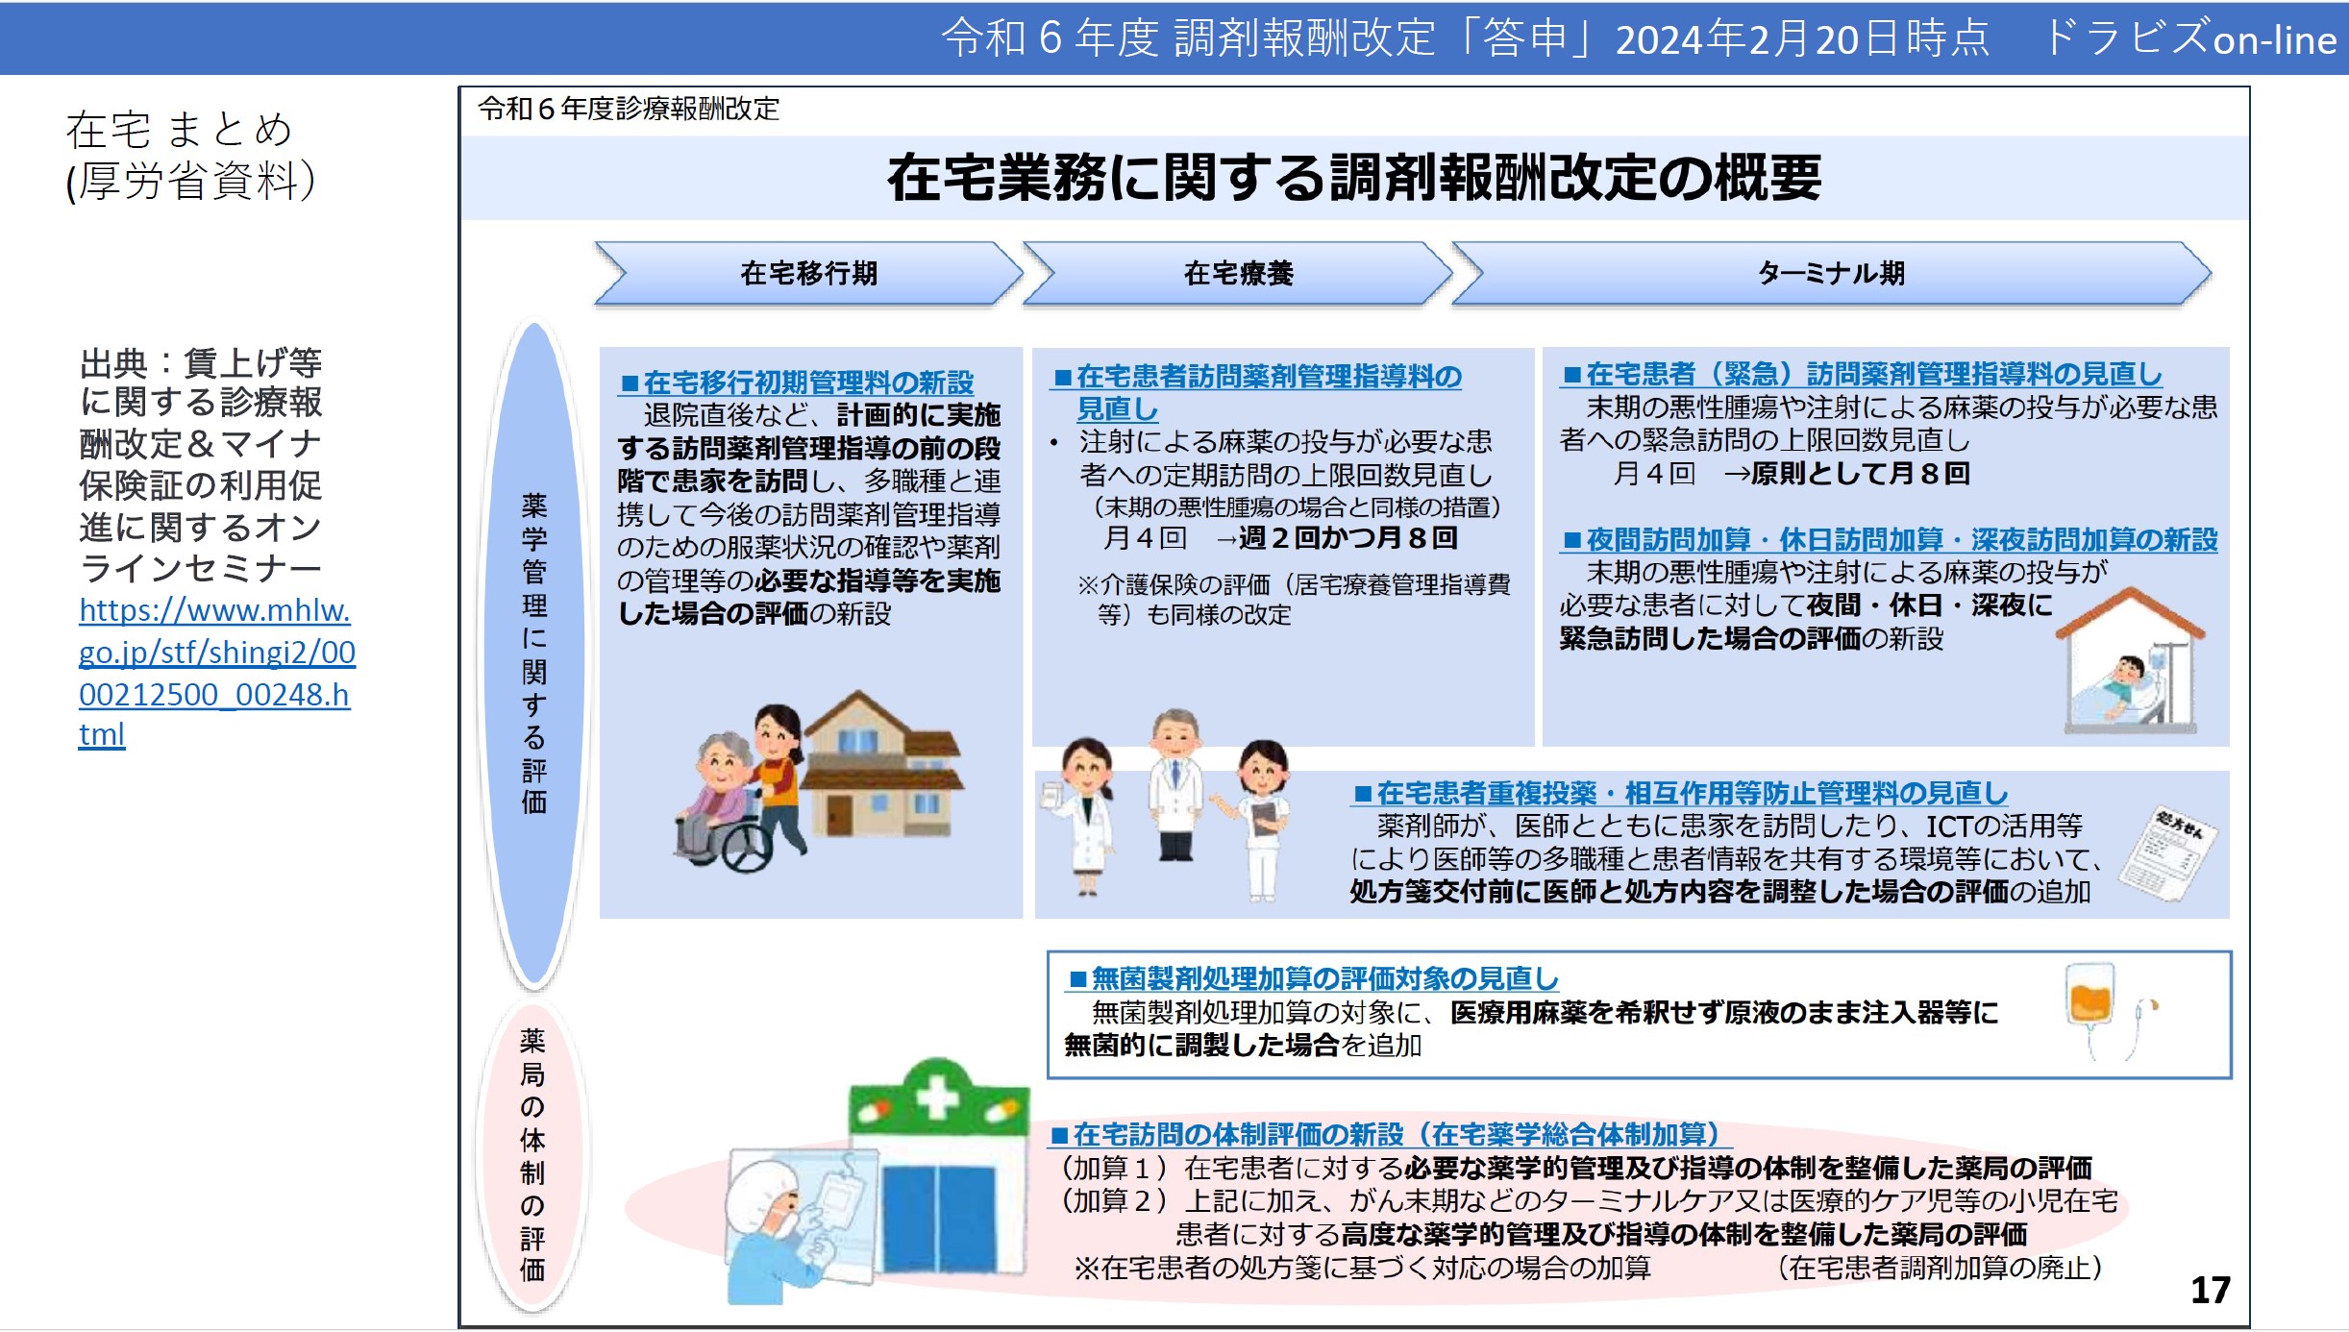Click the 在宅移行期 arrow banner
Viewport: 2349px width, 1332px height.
pyautogui.click(x=808, y=274)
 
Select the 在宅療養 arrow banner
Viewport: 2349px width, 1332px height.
pyautogui.click(x=1238, y=274)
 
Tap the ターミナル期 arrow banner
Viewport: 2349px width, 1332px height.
pyautogui.click(x=1831, y=274)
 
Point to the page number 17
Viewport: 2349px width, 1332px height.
pyautogui.click(x=2210, y=1290)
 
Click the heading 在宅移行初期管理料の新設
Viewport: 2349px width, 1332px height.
pyautogui.click(x=797, y=382)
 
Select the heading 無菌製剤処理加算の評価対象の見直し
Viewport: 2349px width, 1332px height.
pyautogui.click(x=1313, y=978)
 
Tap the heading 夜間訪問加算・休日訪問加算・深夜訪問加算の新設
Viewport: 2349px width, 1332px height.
pyautogui.click(x=1890, y=540)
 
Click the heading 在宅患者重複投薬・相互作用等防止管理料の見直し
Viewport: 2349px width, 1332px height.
pyautogui.click(x=1680, y=793)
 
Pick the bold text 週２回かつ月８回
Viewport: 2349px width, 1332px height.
pyautogui.click(x=1348, y=538)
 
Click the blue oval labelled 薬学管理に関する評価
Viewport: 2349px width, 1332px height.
pyautogui.click(x=534, y=654)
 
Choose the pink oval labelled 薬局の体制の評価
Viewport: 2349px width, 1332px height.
pyautogui.click(x=532, y=1154)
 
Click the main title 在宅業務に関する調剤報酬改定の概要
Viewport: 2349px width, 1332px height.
pyautogui.click(x=1353, y=178)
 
